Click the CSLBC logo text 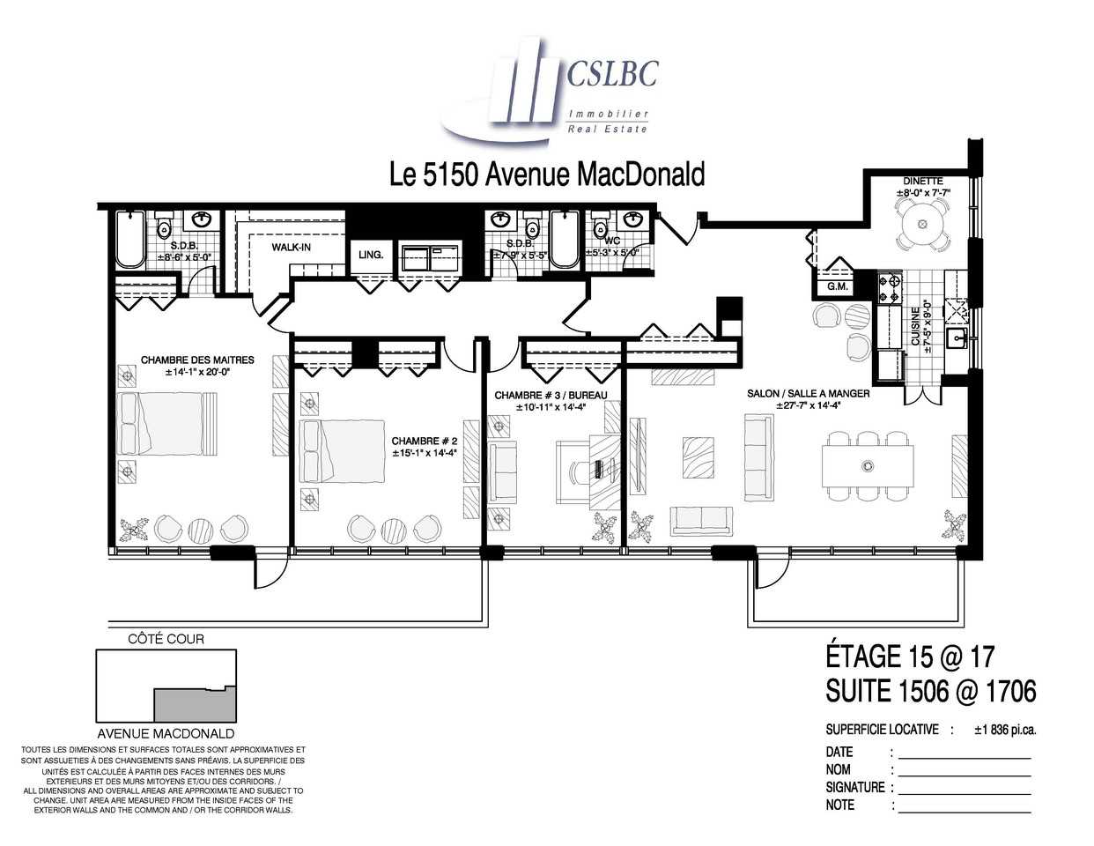pos(611,74)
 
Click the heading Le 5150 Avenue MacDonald pos(547,174)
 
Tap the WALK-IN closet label pos(291,248)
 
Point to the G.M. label pos(837,287)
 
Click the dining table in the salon pos(868,465)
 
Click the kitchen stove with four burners pos(891,287)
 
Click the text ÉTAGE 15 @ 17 pos(909,657)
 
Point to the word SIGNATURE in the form pos(854,787)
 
